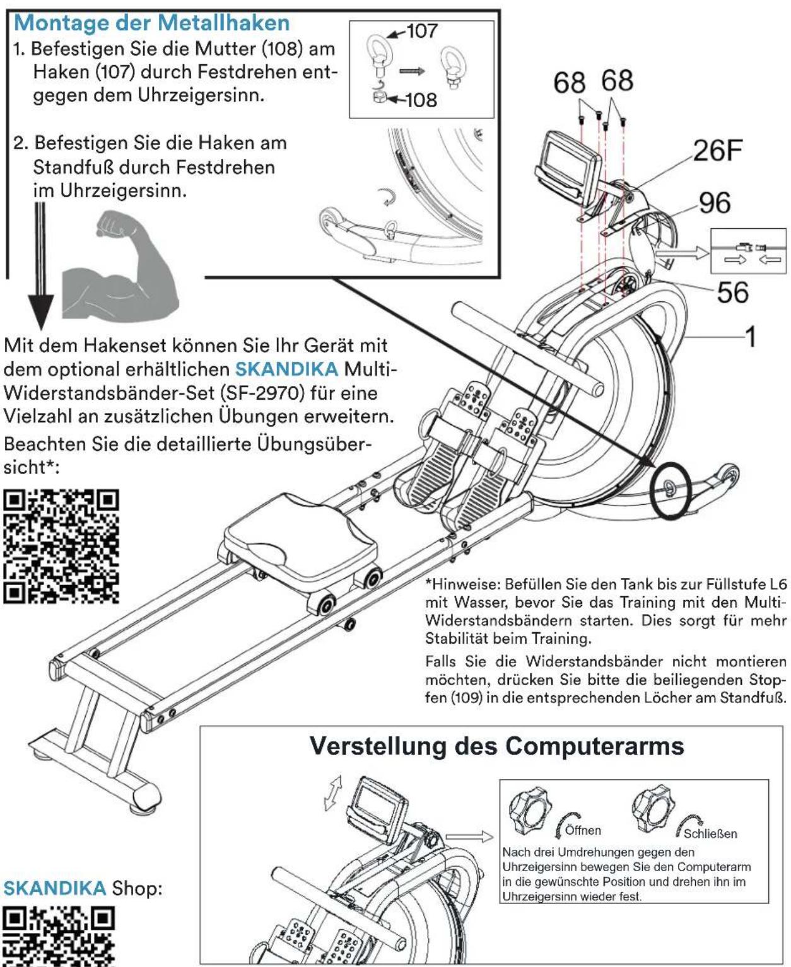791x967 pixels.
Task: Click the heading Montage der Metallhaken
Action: [x=151, y=23]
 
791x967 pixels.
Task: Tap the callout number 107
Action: [x=421, y=31]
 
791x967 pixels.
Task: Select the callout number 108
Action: [x=421, y=100]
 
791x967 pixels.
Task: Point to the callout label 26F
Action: [x=717, y=151]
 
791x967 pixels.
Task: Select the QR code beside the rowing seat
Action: [x=61, y=546]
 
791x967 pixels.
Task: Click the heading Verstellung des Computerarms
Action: [x=496, y=746]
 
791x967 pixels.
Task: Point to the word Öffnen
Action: [x=583, y=830]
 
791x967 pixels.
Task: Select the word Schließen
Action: [x=710, y=833]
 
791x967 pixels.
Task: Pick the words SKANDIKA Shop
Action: [x=83, y=888]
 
